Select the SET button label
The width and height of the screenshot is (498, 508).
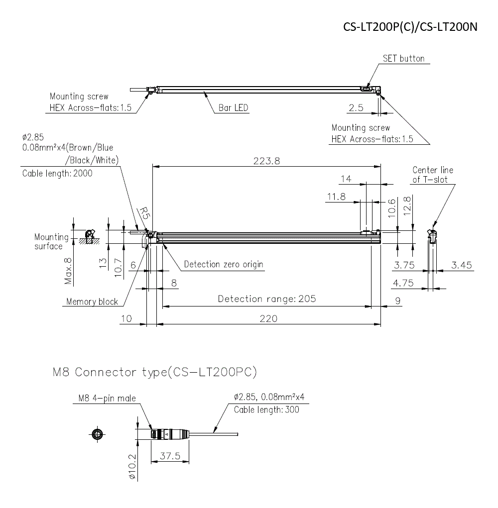tap(403, 59)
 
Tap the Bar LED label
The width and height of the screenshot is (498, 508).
tap(233, 108)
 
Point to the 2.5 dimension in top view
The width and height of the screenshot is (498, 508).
tap(356, 108)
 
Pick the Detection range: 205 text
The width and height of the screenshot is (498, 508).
tap(267, 299)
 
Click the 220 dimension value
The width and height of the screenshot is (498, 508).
tap(269, 318)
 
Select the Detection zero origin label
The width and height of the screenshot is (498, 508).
tap(224, 264)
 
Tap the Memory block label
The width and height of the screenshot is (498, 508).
tap(92, 302)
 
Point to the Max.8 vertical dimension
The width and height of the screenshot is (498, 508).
tap(69, 271)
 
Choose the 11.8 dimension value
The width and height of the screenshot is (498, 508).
tap(336, 197)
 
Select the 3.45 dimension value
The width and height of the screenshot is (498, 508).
tap(461, 265)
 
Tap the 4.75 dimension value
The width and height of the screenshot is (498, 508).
tap(403, 283)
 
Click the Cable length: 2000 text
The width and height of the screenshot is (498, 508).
tap(57, 173)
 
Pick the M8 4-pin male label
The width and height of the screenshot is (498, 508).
tap(107, 398)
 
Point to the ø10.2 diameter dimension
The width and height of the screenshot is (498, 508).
tap(132, 467)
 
